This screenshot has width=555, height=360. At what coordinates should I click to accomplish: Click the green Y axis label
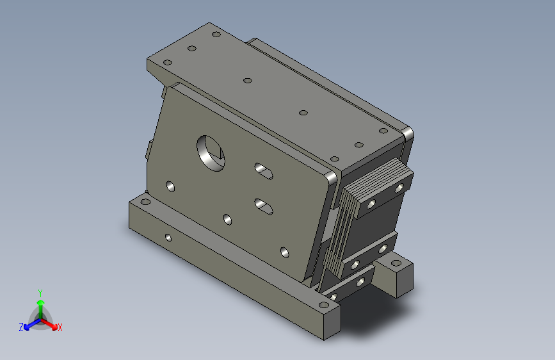click(x=40, y=293)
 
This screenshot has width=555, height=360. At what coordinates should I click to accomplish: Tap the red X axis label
click(x=60, y=327)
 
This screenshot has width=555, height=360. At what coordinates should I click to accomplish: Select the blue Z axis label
click(x=21, y=327)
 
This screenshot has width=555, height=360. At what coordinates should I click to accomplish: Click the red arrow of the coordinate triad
click(x=49, y=324)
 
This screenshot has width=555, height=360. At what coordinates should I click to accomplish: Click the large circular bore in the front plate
click(x=211, y=153)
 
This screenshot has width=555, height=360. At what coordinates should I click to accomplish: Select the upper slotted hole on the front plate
click(x=264, y=171)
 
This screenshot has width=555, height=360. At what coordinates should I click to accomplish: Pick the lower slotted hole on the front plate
click(x=264, y=206)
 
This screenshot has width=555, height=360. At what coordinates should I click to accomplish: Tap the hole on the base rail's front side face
click(x=168, y=238)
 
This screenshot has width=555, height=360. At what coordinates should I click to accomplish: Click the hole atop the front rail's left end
click(x=145, y=202)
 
